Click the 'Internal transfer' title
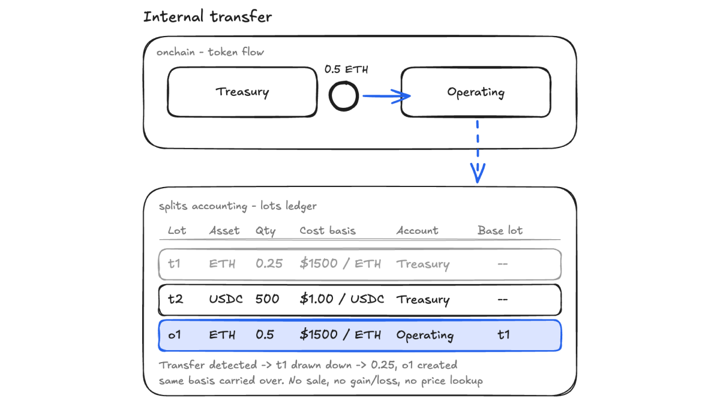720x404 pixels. pos(208,17)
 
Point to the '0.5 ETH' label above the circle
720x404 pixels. pos(346,70)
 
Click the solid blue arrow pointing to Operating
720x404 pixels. pos(386,96)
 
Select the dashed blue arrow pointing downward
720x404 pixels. pos(478,152)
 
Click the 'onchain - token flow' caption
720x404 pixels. pos(210,52)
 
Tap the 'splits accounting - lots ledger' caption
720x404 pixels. pos(238,206)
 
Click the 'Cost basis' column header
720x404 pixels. pos(328,231)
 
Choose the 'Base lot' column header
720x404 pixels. pos(500,230)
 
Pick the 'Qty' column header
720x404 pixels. pos(265,231)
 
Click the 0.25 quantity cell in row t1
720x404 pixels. pos(269,264)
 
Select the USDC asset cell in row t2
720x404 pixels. pos(226,299)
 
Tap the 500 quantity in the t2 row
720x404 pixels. pos(267,299)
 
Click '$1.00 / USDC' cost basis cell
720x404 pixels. pos(341,299)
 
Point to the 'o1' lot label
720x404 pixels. pos(174,335)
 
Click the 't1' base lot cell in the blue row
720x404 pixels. pos(503,334)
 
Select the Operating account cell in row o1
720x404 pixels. pos(425,336)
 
